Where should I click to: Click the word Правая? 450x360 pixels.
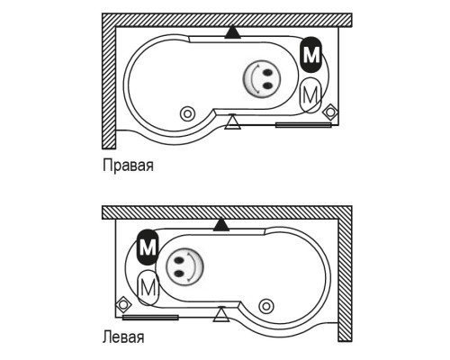pos(128,166)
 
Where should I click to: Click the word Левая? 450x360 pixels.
pos(123,337)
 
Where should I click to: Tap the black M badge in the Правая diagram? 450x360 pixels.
pos(311,55)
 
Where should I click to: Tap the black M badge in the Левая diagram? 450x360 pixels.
pos(148,247)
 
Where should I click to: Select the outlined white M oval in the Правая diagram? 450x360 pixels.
pos(310,95)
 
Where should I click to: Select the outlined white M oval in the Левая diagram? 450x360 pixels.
pos(148,288)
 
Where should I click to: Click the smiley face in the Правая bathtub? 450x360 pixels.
pos(262,79)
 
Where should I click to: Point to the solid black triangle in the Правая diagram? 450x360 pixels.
pos(232,32)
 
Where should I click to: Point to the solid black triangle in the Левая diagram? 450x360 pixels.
pos(221,225)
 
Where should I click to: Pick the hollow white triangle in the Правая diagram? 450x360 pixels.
pos(232,122)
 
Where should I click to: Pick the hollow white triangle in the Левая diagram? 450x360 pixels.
pos(221,314)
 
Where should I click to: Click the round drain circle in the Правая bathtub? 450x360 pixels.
pos(187,114)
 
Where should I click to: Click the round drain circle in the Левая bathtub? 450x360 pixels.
pos(266,306)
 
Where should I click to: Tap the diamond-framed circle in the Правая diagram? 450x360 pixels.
pos(330,112)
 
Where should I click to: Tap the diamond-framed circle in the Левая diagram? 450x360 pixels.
pos(123,305)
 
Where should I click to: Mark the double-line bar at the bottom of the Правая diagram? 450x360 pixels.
pos(303,125)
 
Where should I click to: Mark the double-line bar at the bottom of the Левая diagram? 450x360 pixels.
pos(150,318)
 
